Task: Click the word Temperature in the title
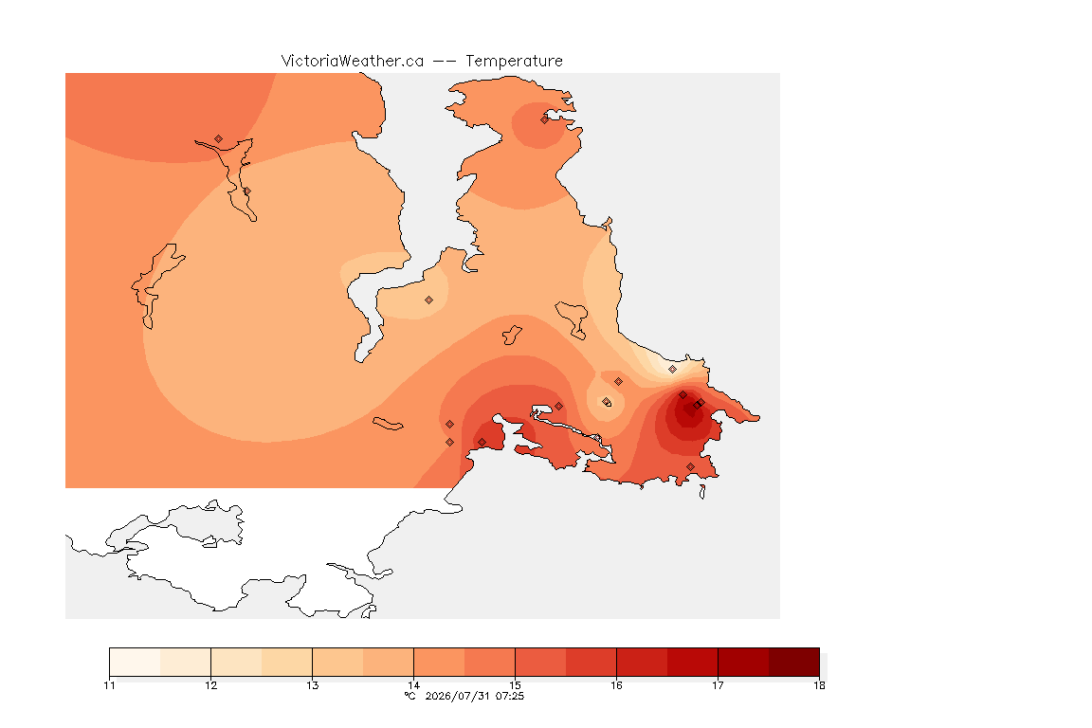[514, 62]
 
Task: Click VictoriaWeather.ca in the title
[353, 62]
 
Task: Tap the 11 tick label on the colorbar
[109, 685]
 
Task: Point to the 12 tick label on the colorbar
[211, 685]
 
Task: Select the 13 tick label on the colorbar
[312, 685]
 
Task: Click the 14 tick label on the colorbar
[413, 685]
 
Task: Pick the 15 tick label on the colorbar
[515, 685]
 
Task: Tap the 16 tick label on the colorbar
[616, 685]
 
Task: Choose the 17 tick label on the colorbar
[718, 685]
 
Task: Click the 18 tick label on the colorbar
[819, 685]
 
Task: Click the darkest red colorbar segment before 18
[794, 662]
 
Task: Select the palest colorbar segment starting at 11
[136, 662]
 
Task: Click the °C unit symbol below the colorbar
[409, 696]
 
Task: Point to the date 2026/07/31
[457, 696]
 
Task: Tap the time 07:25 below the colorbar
[510, 696]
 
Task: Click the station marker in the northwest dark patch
[219, 139]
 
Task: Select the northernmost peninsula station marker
[545, 119]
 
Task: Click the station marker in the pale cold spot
[672, 370]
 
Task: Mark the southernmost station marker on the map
[690, 466]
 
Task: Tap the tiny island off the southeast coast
[702, 492]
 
